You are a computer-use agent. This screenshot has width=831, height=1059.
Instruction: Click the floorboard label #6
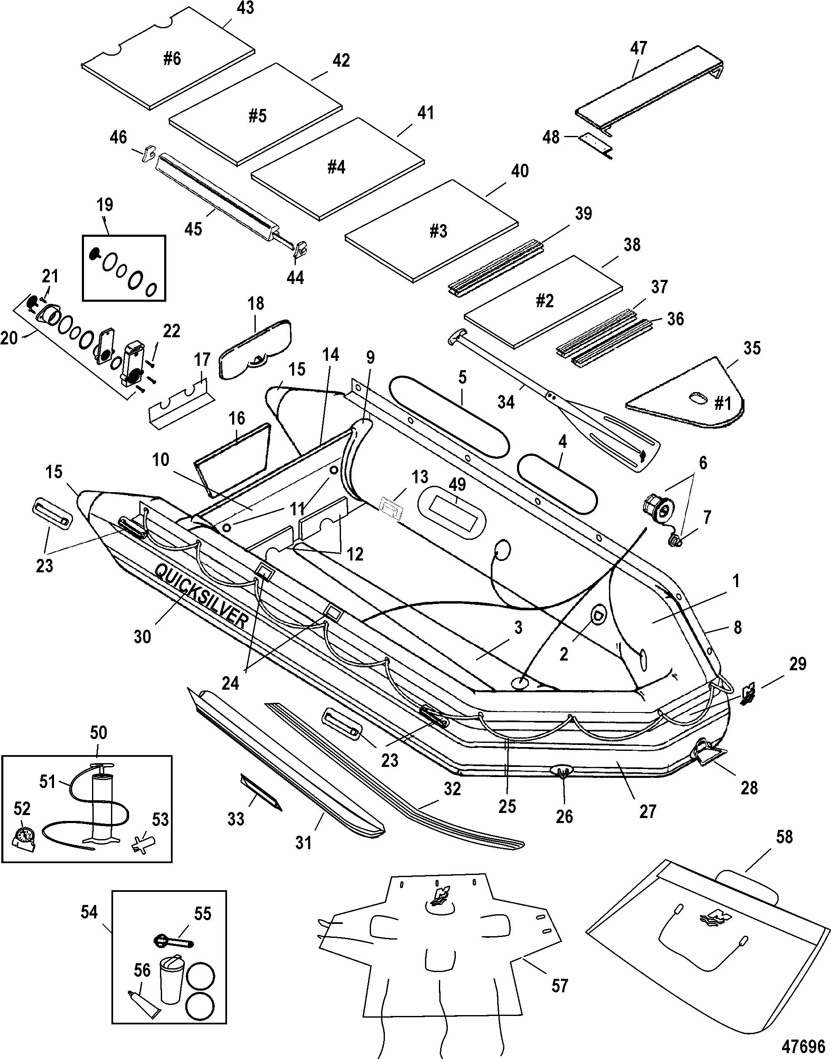click(171, 59)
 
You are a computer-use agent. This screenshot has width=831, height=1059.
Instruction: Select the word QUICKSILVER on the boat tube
click(201, 597)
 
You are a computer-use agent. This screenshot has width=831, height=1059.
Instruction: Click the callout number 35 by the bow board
click(752, 348)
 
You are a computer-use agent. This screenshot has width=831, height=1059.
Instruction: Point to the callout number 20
click(9, 338)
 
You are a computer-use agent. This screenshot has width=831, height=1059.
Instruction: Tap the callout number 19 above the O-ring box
click(105, 205)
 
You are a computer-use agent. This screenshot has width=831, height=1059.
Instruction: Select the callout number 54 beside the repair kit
click(89, 912)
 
